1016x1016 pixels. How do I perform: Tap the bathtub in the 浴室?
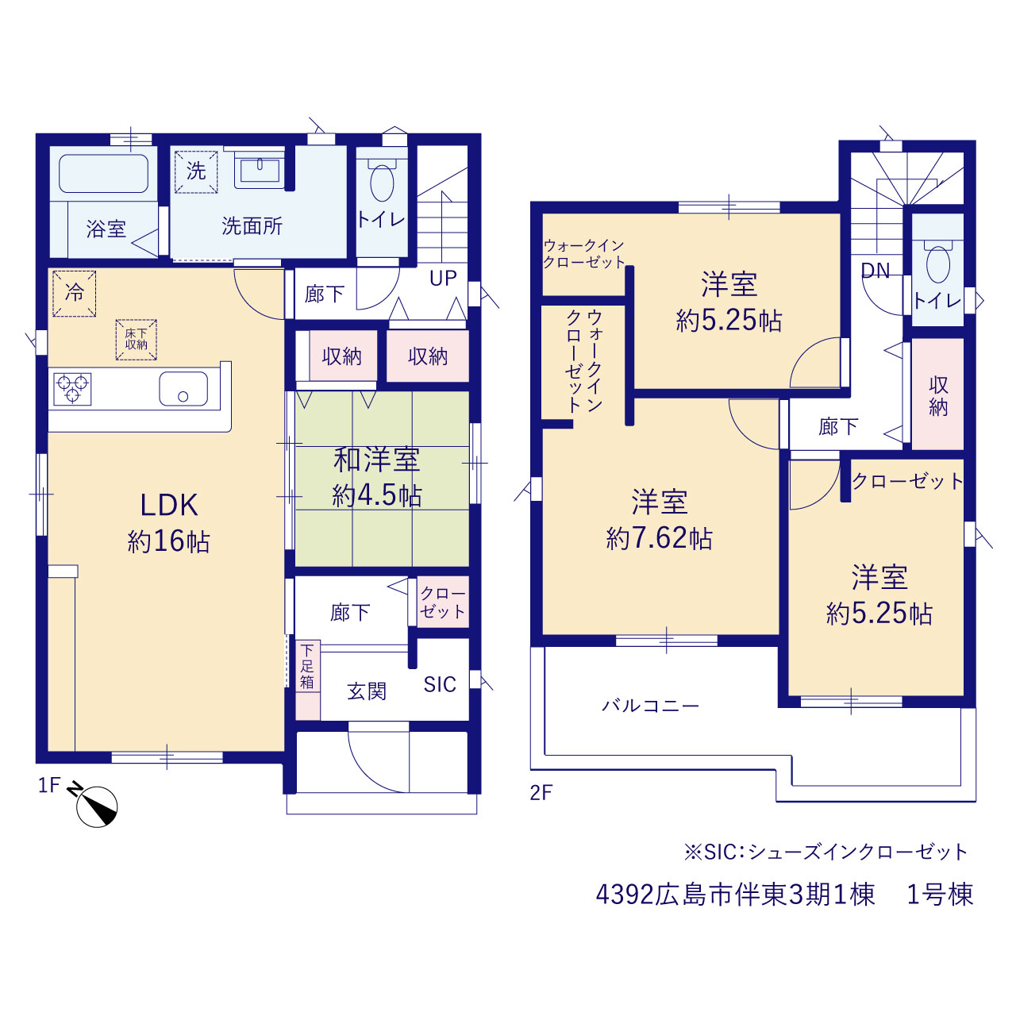[x=103, y=174]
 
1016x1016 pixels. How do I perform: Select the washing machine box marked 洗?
[x=196, y=172]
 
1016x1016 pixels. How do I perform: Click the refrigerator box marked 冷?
[x=75, y=293]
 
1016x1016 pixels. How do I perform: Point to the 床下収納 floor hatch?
[x=136, y=340]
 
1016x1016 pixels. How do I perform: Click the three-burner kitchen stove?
[x=73, y=389]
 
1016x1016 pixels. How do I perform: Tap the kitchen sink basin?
[x=183, y=389]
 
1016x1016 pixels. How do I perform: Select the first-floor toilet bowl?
[x=382, y=183]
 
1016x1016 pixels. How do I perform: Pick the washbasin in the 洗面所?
[x=260, y=170]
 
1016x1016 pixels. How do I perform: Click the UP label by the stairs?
[x=443, y=279]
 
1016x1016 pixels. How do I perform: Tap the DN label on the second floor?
[x=876, y=271]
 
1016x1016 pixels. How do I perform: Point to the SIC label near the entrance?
[x=440, y=684]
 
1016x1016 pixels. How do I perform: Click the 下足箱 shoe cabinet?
[x=307, y=680]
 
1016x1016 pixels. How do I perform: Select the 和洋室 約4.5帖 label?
[x=377, y=477]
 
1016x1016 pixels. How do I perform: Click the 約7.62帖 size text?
[x=659, y=538]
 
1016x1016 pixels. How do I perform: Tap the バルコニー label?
[x=651, y=706]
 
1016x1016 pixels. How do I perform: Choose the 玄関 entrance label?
[x=367, y=691]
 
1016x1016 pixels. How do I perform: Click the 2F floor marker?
[x=541, y=792]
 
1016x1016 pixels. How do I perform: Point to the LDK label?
[x=169, y=505]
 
